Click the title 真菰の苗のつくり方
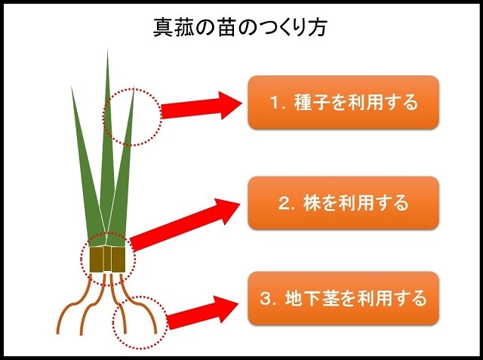coord(239,28)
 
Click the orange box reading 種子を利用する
coord(343,102)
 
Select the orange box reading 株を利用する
coord(343,203)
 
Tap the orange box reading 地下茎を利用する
coord(343,298)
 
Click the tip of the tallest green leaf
coord(107,49)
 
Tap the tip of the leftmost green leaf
coord(72,87)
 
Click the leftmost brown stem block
coord(96,260)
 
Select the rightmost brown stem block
coord(118,260)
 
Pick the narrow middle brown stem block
coord(107,258)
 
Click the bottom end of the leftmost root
coord(57,334)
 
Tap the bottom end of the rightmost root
coord(155,334)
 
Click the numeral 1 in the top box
coord(275,103)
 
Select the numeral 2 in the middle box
coord(285,203)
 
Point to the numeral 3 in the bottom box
coord(266,298)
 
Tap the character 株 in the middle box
coord(313,203)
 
